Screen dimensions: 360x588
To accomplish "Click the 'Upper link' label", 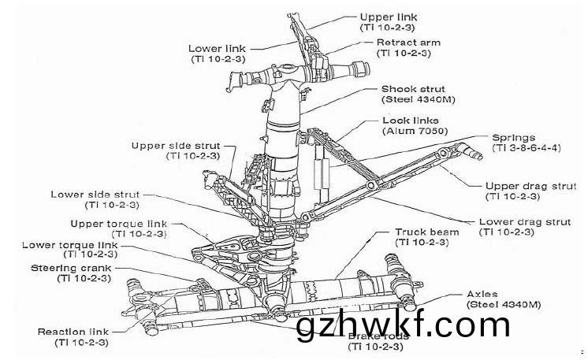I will click(x=387, y=16).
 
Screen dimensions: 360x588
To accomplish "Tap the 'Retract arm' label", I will click(x=408, y=42).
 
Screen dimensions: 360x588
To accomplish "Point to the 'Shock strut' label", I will click(x=413, y=89).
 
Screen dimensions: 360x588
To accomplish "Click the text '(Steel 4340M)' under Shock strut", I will click(x=419, y=100).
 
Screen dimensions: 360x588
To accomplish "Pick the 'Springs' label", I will click(x=514, y=136).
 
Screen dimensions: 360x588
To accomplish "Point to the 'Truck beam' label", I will click(x=422, y=232).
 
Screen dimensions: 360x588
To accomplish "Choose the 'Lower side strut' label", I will click(x=95, y=194).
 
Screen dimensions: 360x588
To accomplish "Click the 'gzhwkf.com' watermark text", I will click(x=404, y=325).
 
